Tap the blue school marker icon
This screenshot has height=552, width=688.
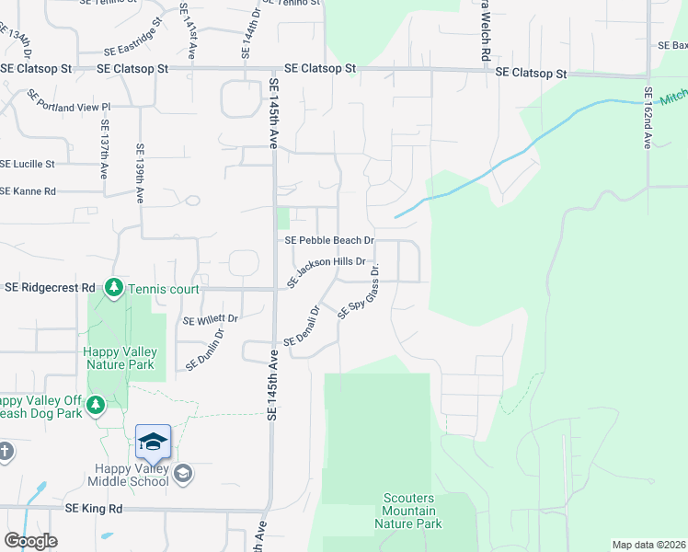tap(153, 443)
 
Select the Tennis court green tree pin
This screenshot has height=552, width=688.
tap(114, 289)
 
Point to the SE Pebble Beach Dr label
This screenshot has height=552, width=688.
tap(329, 240)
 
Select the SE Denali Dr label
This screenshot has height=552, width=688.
tap(303, 328)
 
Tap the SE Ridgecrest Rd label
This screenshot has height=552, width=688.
tap(50, 288)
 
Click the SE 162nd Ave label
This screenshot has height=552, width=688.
tap(648, 119)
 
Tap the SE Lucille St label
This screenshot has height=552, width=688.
tap(28, 164)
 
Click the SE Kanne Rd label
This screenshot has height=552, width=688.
tap(29, 191)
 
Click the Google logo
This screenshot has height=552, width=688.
tap(30, 541)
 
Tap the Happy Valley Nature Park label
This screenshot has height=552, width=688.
tap(120, 358)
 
